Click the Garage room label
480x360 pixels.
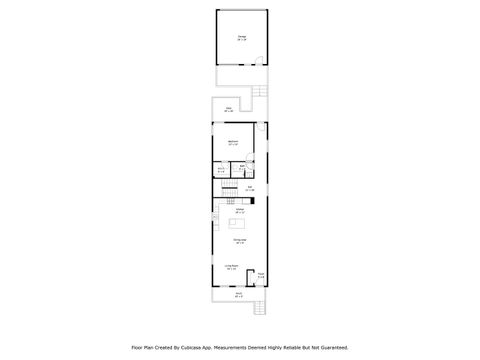click(241, 38)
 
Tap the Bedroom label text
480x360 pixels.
click(233, 143)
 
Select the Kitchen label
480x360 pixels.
click(240, 210)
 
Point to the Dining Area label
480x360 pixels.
click(240, 241)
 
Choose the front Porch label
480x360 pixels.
click(238, 294)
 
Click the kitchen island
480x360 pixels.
click(240, 225)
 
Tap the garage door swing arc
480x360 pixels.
click(263, 60)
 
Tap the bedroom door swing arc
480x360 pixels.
click(262, 128)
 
